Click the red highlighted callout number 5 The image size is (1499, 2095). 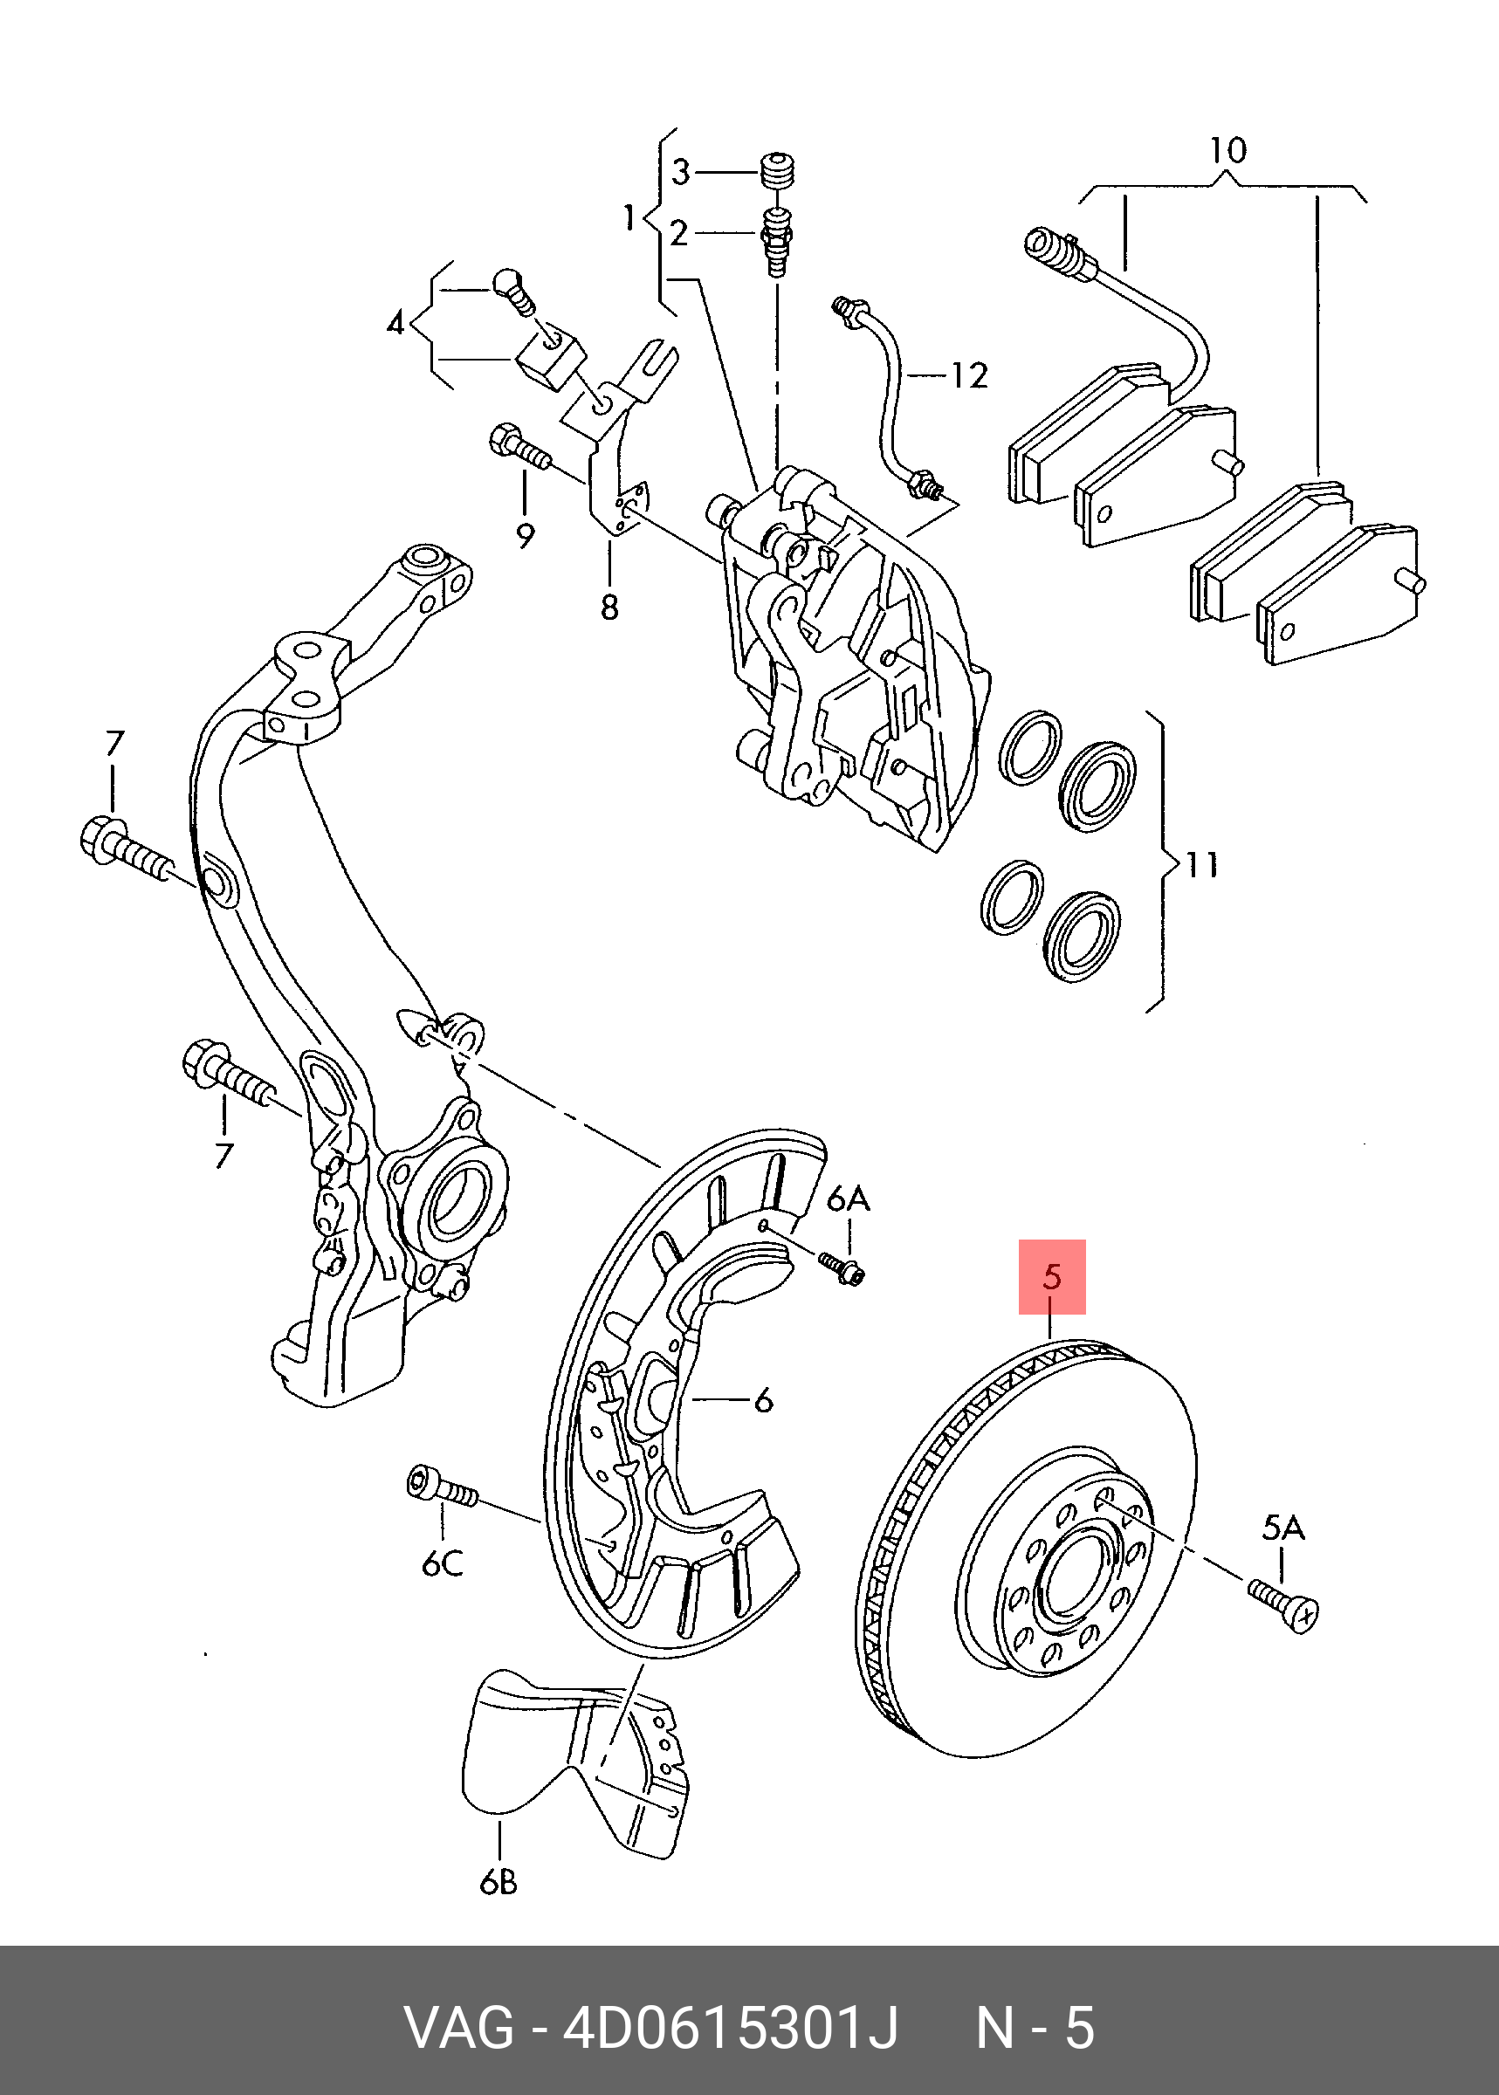(x=1051, y=1277)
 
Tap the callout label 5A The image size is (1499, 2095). (x=1282, y=1529)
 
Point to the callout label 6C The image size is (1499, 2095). (x=442, y=1564)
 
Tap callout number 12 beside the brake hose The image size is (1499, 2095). (x=969, y=375)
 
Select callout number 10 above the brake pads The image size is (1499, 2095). (x=1227, y=150)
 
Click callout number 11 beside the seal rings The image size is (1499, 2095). (x=1202, y=865)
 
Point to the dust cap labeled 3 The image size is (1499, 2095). (x=778, y=173)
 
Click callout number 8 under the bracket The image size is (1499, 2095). (x=609, y=608)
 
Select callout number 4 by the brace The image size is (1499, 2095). (x=396, y=324)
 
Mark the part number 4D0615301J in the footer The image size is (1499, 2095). (x=729, y=2028)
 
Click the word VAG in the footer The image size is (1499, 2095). (x=458, y=2028)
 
